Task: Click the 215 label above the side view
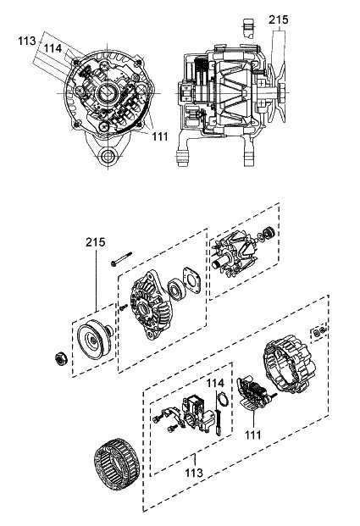(x=278, y=19)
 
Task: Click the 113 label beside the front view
(x=27, y=41)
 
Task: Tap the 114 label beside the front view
(x=53, y=48)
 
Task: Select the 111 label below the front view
(x=160, y=136)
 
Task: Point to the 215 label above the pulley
(x=96, y=242)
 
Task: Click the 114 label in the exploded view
(x=214, y=383)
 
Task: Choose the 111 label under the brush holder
(x=252, y=435)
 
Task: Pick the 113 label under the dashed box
(x=194, y=473)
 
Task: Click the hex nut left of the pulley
(x=61, y=359)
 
